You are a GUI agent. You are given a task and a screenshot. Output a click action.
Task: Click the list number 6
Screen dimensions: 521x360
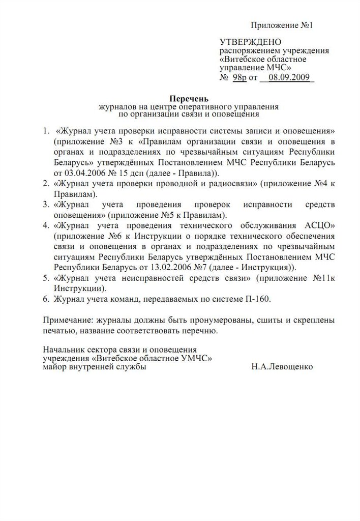click(46, 299)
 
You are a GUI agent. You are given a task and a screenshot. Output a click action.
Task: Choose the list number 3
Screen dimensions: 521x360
click(46, 205)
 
